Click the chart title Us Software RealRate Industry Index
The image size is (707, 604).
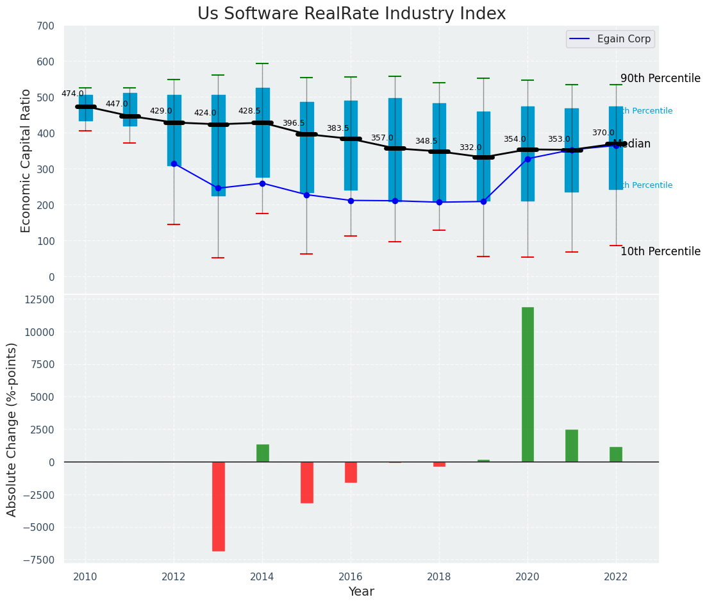pos(351,14)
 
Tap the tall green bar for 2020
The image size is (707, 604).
pos(528,384)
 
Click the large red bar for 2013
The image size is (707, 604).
pos(219,506)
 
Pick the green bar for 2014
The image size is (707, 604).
pos(263,453)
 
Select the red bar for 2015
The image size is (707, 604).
pos(307,482)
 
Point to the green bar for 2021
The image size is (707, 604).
pos(572,446)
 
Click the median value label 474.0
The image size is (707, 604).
pos(72,94)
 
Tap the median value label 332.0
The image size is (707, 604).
pos(470,147)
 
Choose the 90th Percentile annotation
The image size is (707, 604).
pos(660,78)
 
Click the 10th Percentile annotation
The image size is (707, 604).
pos(660,251)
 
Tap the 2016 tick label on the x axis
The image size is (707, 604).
pos(351,577)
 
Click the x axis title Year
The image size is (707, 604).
pos(362,592)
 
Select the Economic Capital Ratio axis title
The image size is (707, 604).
pos(26,160)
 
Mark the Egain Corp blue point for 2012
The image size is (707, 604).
pos(174,164)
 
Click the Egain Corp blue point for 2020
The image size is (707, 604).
pos(528,159)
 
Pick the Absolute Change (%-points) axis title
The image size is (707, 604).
pos(12,429)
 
